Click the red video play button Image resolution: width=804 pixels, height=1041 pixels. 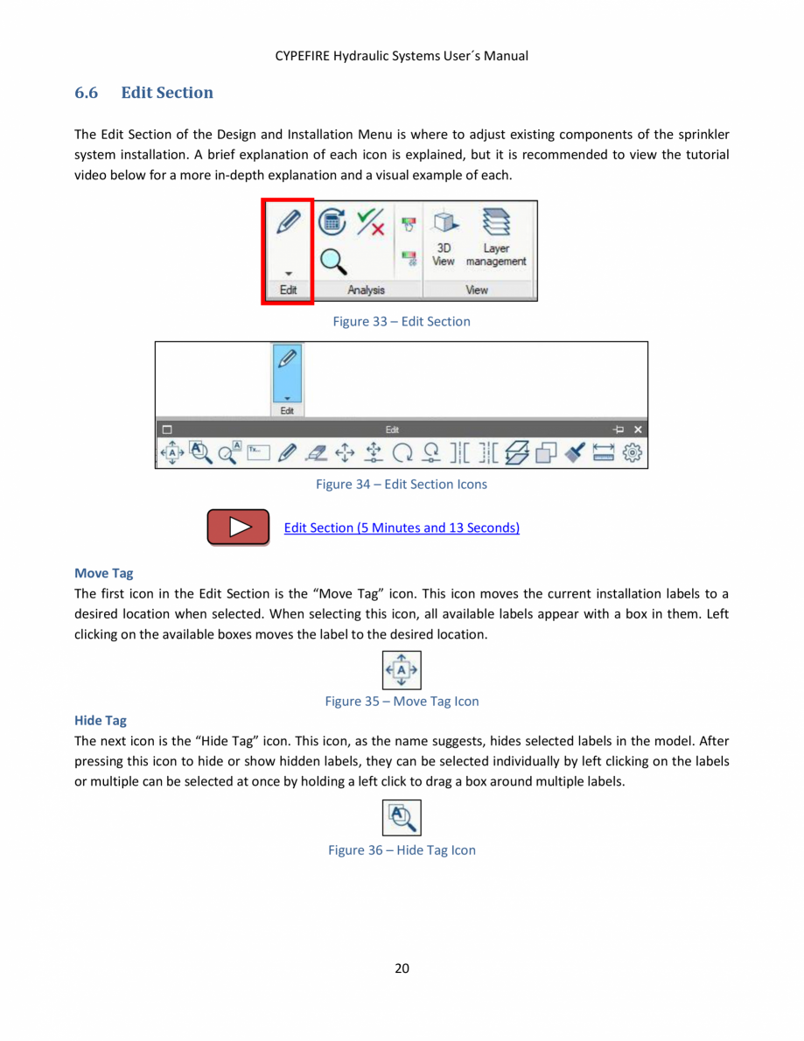click(x=238, y=527)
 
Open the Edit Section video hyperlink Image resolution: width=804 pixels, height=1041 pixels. click(x=402, y=527)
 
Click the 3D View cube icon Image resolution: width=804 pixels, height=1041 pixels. click(x=444, y=227)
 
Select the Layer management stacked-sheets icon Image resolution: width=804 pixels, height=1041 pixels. click(x=496, y=225)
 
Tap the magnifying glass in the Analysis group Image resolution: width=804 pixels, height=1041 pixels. click(x=331, y=261)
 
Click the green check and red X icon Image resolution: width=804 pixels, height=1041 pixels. click(x=370, y=224)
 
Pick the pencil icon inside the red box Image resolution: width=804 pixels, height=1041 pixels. click(x=288, y=223)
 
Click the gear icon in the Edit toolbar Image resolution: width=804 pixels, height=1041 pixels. click(x=634, y=452)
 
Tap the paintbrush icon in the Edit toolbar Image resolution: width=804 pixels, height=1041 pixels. click(x=575, y=452)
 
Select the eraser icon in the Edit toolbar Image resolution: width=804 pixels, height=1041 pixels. click(x=317, y=452)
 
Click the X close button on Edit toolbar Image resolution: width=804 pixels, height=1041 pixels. click(x=638, y=430)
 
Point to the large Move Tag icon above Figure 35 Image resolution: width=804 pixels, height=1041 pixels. click(x=402, y=671)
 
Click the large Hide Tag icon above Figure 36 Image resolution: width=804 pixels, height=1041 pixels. click(x=402, y=819)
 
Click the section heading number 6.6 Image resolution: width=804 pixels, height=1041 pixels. click(x=86, y=93)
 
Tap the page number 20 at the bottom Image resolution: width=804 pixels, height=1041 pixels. click(x=402, y=968)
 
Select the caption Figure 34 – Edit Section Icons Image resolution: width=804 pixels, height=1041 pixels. click(x=402, y=484)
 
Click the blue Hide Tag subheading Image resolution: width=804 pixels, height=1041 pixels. click(x=101, y=720)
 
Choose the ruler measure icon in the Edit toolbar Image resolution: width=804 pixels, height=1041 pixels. click(x=604, y=452)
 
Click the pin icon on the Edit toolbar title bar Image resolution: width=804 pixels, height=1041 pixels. click(x=619, y=430)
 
